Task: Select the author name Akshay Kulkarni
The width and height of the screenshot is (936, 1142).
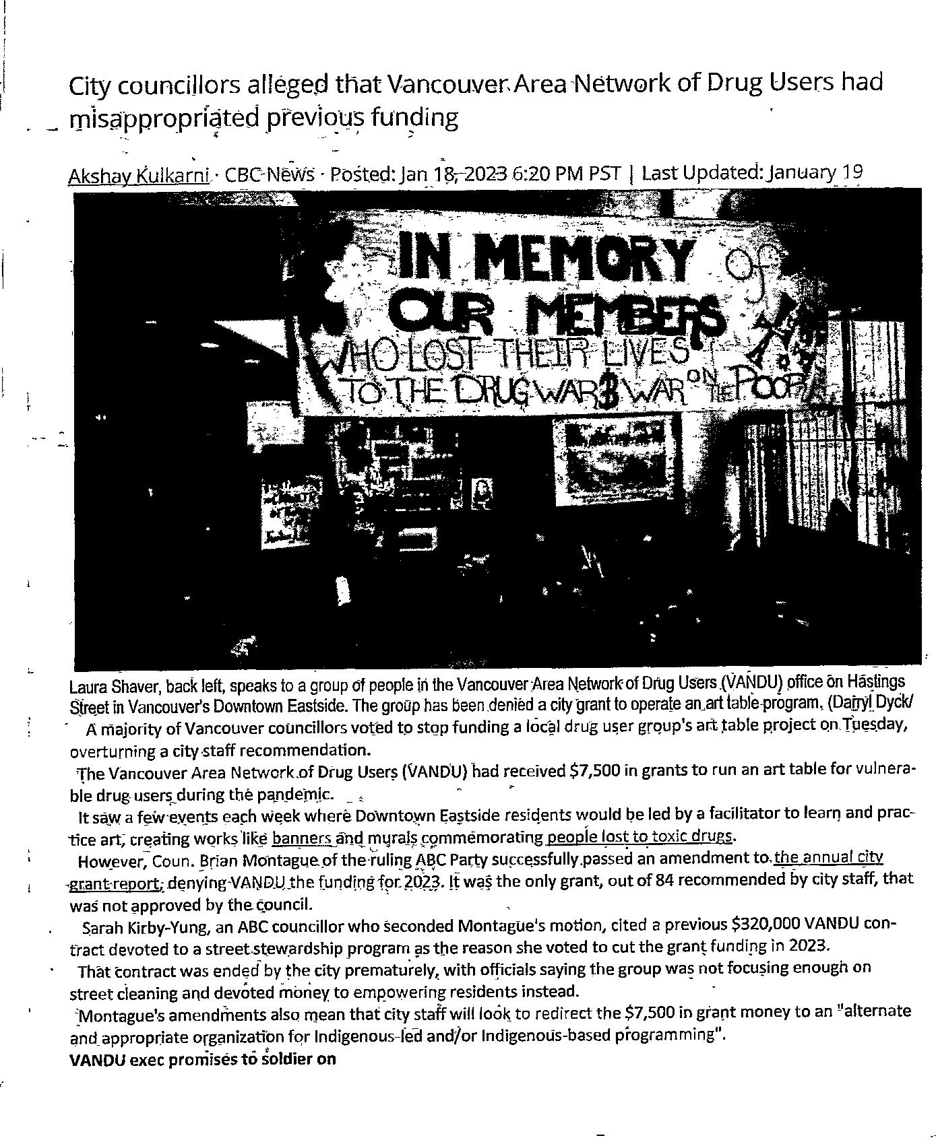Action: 139,176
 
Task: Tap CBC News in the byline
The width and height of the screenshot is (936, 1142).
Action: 269,175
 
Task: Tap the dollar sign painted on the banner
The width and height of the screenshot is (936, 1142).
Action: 609,395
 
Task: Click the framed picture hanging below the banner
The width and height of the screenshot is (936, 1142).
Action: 610,457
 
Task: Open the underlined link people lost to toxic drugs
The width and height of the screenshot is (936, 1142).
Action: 639,837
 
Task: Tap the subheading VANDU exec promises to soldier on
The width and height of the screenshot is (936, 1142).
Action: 202,1059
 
